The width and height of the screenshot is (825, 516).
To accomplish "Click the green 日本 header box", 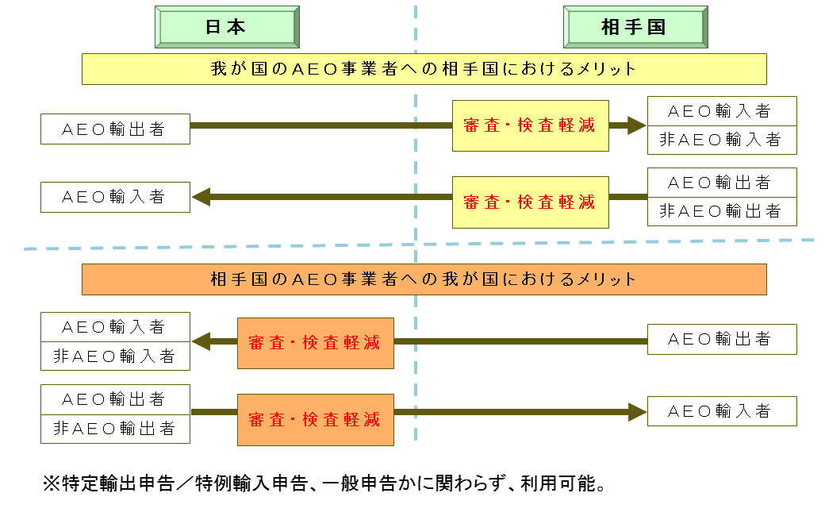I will tap(226, 27).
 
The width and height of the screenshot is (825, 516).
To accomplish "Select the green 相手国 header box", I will tap(634, 27).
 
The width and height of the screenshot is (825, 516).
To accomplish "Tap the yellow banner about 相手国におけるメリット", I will tap(424, 69).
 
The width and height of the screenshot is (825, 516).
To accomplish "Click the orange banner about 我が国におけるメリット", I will tap(424, 279).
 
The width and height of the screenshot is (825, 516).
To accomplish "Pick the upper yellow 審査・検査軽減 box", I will tap(530, 125).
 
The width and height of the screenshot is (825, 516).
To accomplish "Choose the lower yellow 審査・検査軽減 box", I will tap(530, 202).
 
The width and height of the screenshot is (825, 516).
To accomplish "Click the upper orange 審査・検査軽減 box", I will tap(315, 342).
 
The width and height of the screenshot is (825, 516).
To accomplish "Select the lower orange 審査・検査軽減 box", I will tap(315, 418).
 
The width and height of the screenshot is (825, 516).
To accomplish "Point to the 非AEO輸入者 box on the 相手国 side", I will tap(721, 140).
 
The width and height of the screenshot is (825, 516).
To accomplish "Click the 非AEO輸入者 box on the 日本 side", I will tap(115, 356).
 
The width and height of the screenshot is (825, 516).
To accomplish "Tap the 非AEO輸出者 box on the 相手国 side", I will tap(721, 211).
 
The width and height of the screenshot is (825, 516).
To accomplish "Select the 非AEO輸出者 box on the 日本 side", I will tap(115, 429).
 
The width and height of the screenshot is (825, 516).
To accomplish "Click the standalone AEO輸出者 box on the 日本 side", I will tap(115, 129).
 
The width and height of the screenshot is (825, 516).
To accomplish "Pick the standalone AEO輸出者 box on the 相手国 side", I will tap(721, 339).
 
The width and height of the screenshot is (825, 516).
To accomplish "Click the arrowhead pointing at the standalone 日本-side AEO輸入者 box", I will tap(201, 196).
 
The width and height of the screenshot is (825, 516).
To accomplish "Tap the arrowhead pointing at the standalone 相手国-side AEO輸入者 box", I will tap(638, 412).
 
